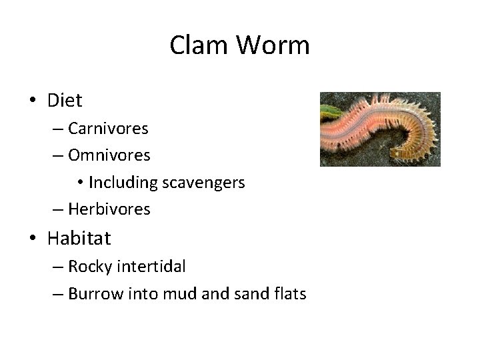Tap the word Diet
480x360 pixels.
[x=65, y=101]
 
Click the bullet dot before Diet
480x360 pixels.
[x=32, y=101]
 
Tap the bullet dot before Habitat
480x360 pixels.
[x=32, y=239]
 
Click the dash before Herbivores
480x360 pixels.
[x=58, y=209]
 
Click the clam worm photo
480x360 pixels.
[x=379, y=129]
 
